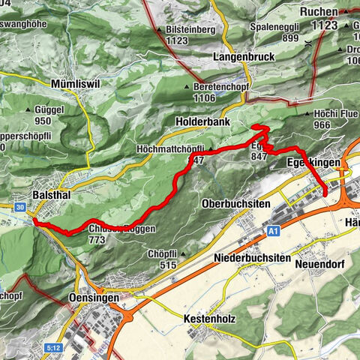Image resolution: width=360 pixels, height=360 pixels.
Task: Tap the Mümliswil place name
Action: click(x=79, y=83)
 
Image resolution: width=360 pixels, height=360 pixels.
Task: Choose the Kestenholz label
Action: click(x=209, y=319)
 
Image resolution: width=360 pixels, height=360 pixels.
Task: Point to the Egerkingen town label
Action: click(x=314, y=163)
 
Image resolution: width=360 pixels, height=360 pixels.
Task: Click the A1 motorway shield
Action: click(x=274, y=233)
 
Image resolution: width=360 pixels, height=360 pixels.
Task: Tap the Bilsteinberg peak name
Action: click(x=187, y=30)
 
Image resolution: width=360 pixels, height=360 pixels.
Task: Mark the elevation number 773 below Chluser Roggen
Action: click(x=95, y=240)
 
